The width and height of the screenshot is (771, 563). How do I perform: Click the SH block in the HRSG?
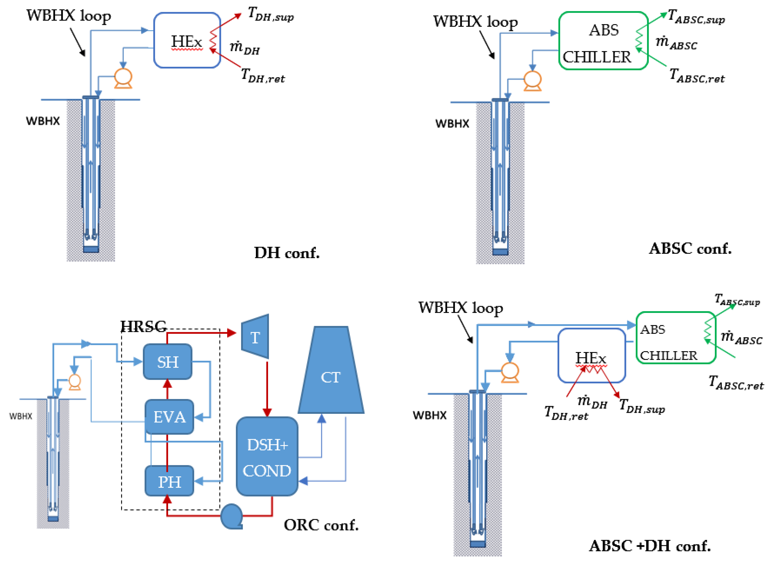168,362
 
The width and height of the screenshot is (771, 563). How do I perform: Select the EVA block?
169,417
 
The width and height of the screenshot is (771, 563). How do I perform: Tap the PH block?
169,481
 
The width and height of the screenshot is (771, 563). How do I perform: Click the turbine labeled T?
255,336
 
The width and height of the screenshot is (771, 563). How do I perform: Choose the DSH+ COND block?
267,456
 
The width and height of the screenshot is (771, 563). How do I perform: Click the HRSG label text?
144,327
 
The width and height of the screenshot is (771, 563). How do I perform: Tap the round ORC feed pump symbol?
232,516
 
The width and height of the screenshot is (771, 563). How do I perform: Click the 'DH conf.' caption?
287,253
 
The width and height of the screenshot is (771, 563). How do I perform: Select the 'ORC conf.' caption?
321,525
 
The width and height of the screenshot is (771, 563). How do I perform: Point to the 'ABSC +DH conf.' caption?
650,546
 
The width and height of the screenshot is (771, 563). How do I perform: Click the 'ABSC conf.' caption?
690,248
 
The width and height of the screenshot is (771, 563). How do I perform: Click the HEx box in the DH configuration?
187,40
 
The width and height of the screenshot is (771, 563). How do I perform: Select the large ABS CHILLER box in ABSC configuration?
603,40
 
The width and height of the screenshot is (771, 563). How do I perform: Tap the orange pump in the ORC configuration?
75,382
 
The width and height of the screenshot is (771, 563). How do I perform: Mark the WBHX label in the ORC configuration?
21,416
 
